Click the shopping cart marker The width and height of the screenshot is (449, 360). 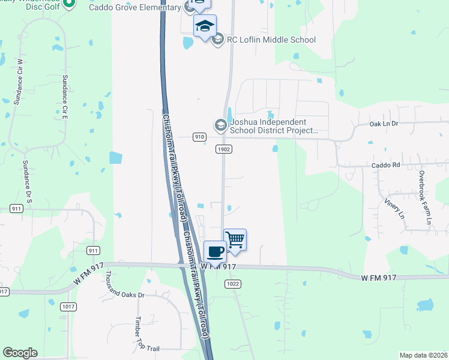[235, 240]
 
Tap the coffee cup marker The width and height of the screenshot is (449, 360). [215, 251]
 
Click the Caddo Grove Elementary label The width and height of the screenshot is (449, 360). [134, 7]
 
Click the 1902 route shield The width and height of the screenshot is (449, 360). [224, 149]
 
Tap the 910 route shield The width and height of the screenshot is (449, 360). [200, 137]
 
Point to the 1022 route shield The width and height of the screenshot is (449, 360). [234, 284]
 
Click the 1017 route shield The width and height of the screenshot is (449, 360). [69, 306]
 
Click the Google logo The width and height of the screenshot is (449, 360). [20, 353]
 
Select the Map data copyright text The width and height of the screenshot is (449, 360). [423, 355]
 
